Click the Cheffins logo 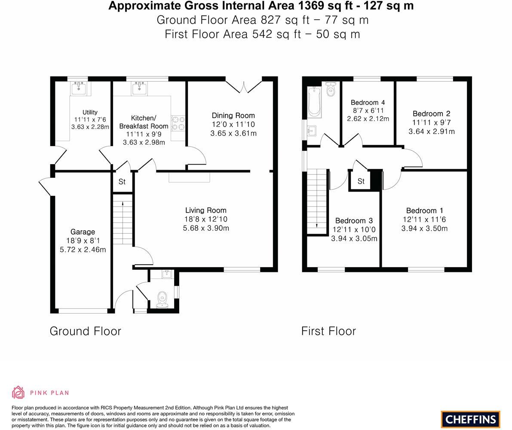click(x=470, y=419)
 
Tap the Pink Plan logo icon click(x=18, y=392)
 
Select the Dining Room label click(x=233, y=116)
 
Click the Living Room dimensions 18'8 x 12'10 click(x=206, y=219)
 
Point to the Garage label click(x=83, y=232)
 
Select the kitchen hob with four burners click(x=178, y=123)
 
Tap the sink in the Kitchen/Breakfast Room click(x=140, y=88)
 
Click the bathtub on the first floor click(x=314, y=101)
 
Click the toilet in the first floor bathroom click(x=331, y=89)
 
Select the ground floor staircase click(x=123, y=219)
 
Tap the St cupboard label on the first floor click(x=361, y=181)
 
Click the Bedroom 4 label click(x=368, y=102)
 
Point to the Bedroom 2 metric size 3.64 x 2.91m click(x=431, y=131)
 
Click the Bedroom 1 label click(x=424, y=210)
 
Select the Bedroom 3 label click(x=354, y=221)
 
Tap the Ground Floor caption click(x=85, y=331)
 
